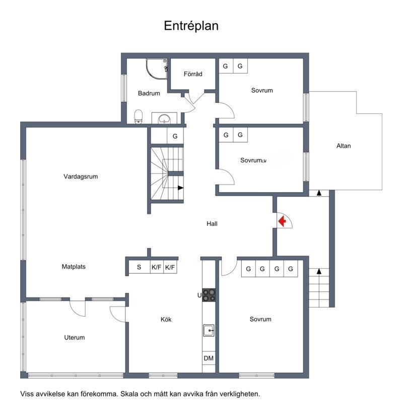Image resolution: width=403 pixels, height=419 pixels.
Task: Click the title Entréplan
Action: [191, 26]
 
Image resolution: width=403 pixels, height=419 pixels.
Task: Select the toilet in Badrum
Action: [139, 117]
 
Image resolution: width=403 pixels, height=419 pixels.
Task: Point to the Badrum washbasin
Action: [164, 119]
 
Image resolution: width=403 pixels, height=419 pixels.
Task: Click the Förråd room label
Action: [193, 74]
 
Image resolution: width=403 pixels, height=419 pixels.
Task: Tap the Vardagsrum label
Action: [81, 176]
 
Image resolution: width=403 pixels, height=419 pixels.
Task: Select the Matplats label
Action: [74, 267]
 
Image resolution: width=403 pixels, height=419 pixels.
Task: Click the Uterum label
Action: [74, 337]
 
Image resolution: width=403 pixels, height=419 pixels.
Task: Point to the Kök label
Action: [166, 319]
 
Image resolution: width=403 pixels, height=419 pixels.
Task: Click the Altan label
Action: [344, 146]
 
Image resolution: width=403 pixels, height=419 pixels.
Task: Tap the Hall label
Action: [212, 224]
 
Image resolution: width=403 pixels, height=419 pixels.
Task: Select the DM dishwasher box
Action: [209, 358]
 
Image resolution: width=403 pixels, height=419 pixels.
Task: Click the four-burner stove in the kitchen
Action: [209, 294]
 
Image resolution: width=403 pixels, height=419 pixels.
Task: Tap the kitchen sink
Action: [209, 330]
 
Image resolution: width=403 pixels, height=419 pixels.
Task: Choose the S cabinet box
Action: [139, 267]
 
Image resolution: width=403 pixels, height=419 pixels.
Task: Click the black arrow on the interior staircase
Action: [180, 188]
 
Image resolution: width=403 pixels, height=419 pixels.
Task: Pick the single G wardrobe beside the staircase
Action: [175, 136]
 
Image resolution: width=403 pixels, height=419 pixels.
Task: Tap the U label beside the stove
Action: [199, 295]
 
